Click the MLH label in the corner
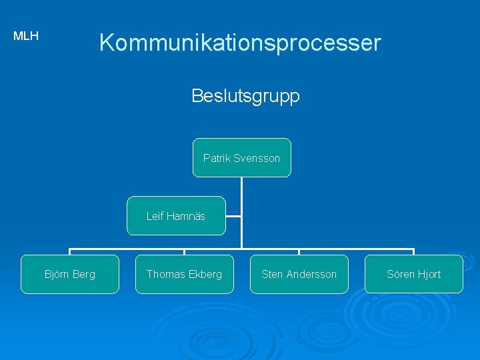point(26,36)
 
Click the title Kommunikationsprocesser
point(240,43)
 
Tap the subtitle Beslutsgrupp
point(245,96)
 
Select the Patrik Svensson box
point(242,158)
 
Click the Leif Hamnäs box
point(176,216)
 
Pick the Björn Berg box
point(70,274)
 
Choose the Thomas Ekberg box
point(185,274)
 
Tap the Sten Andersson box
point(299,274)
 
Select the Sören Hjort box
point(414,274)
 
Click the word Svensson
point(257,159)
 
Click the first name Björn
point(56,274)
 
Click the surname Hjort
point(427,274)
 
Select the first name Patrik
point(217,159)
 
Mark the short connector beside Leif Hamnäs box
point(233,216)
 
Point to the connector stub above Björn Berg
point(70,252)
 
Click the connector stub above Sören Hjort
point(414,252)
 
